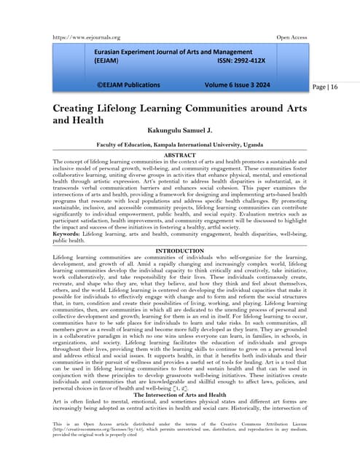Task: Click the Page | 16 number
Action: [326, 87]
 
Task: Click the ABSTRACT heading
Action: [180, 155]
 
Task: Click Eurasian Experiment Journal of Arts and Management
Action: [172, 53]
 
